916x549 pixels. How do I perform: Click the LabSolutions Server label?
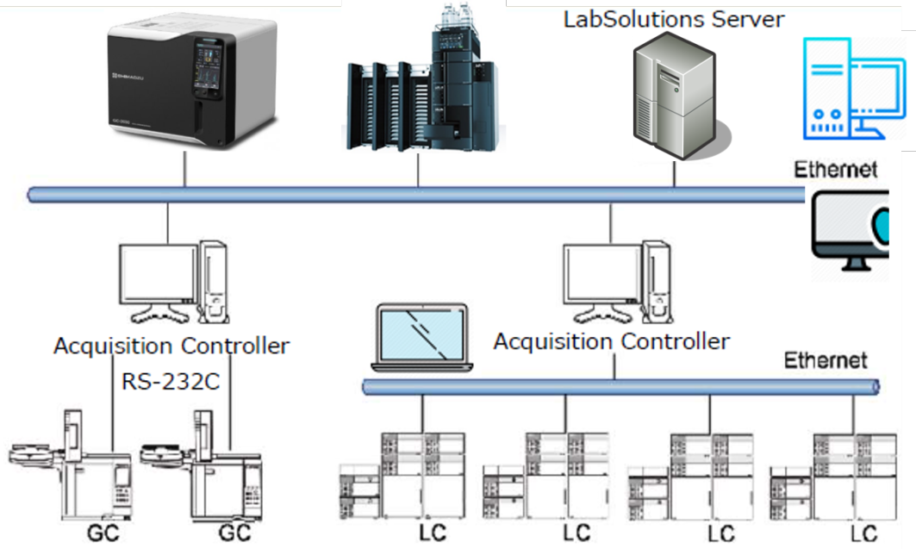(673, 19)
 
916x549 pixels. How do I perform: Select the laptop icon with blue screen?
(420, 337)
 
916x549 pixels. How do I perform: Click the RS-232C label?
(170, 380)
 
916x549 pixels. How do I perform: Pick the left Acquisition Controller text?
(171, 346)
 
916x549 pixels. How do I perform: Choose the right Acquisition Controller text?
(611, 340)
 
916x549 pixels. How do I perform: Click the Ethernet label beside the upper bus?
(835, 169)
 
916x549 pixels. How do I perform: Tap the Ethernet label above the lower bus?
(825, 359)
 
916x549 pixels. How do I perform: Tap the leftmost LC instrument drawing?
(403, 476)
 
